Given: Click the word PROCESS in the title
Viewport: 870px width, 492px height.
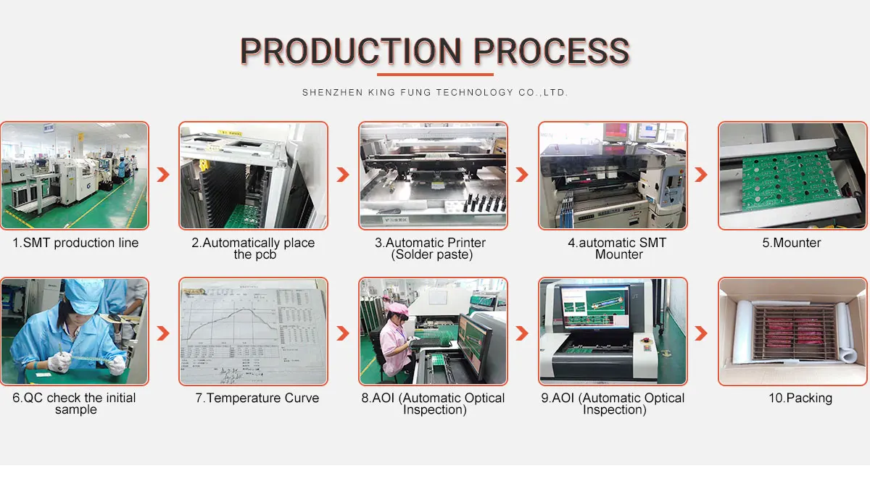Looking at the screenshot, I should (x=552, y=51).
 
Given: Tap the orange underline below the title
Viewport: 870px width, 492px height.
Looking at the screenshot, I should (x=435, y=74).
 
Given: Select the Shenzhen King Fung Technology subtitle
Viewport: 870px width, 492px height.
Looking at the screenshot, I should (x=435, y=93).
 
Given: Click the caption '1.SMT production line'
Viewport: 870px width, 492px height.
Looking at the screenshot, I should (x=75, y=243).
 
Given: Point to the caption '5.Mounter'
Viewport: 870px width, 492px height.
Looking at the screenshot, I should (x=792, y=243).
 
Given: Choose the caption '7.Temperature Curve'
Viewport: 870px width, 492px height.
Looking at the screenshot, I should (x=257, y=398).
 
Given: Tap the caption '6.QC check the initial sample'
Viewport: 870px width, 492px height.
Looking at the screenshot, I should (x=75, y=404).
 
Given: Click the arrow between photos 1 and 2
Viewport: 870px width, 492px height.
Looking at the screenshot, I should (x=164, y=175).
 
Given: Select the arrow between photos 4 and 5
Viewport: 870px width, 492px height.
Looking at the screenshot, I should (x=701, y=175).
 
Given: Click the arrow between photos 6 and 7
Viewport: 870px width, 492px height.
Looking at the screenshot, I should (x=164, y=333).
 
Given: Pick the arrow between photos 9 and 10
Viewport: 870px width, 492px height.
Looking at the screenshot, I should (x=701, y=333).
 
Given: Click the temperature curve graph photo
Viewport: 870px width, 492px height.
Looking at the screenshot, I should (x=254, y=331).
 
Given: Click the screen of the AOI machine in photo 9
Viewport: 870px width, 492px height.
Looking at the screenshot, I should (x=594, y=305).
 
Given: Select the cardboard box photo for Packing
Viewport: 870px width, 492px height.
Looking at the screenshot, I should (x=792, y=331).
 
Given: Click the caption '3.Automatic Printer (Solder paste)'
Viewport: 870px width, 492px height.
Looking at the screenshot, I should (x=434, y=249).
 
